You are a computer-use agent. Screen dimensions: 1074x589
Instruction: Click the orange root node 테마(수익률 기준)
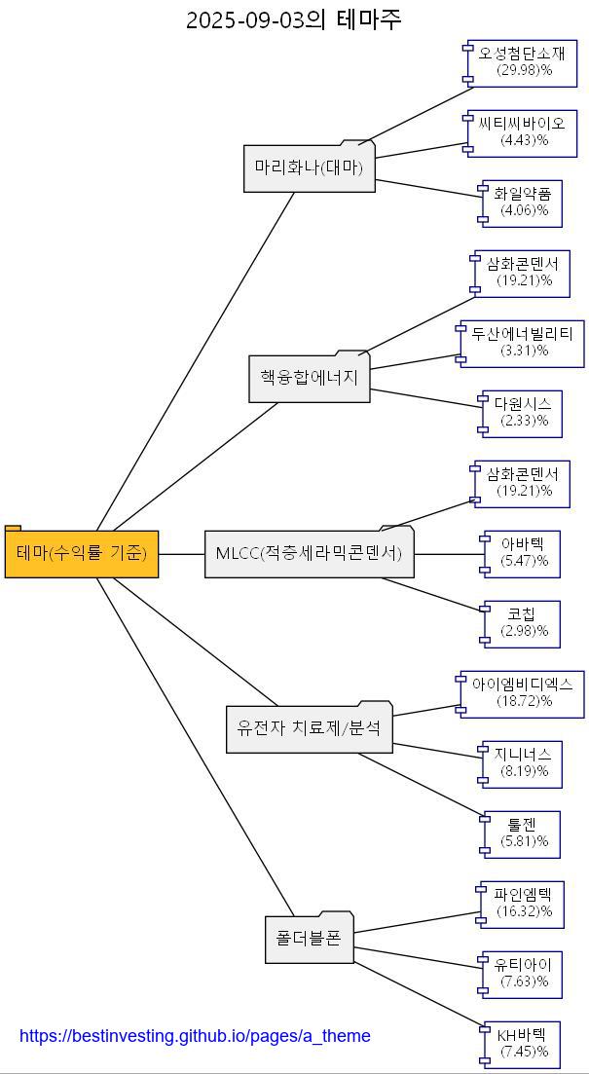click(x=82, y=553)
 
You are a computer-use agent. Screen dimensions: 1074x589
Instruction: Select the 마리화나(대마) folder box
click(x=309, y=167)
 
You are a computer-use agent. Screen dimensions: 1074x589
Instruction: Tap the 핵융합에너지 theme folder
click(x=310, y=378)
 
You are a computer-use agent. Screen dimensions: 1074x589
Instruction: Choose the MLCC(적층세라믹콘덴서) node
click(x=309, y=553)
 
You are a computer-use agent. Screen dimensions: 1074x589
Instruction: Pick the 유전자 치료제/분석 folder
click(x=310, y=727)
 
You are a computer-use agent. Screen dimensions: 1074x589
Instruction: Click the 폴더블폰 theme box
click(x=309, y=939)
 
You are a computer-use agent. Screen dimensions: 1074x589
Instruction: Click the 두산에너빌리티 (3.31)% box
click(x=523, y=343)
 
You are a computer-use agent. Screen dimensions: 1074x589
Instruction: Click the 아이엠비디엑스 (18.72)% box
click(x=523, y=693)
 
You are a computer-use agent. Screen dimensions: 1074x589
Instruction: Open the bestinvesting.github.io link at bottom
click(x=195, y=1036)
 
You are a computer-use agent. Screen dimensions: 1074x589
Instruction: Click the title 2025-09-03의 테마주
click(x=294, y=19)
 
